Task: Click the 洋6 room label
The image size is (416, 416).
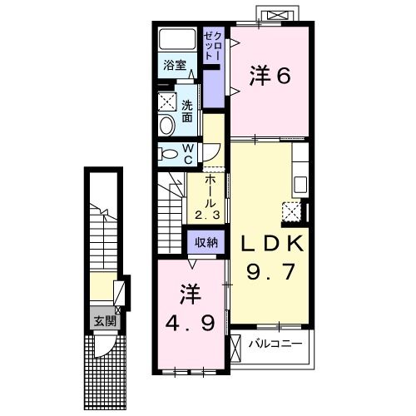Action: (x=270, y=77)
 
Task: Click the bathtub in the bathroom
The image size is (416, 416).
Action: (x=177, y=39)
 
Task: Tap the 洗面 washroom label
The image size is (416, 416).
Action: (x=187, y=111)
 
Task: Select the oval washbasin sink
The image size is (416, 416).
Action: (x=166, y=125)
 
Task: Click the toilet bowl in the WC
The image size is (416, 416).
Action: (x=168, y=153)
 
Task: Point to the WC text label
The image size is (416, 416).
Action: (x=188, y=153)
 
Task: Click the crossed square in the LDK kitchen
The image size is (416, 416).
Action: (x=293, y=210)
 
